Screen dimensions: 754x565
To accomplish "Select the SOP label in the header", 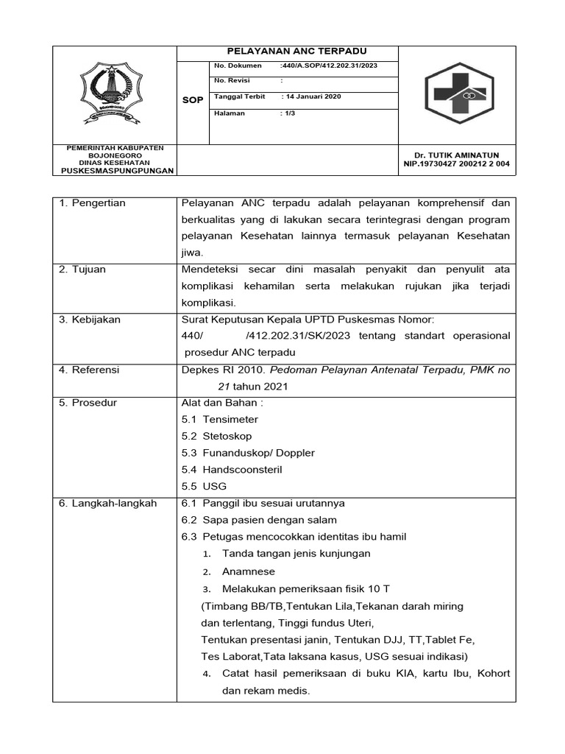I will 193,99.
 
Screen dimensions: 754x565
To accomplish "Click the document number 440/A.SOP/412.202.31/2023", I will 329,66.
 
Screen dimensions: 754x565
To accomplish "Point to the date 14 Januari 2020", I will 311,97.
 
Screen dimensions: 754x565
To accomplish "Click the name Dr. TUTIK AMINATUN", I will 456,155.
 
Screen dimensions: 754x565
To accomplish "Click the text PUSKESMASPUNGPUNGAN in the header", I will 118,170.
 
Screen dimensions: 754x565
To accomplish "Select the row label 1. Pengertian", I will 92,203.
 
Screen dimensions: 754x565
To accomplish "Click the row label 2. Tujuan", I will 82,269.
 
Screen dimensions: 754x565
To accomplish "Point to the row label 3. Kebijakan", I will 89,320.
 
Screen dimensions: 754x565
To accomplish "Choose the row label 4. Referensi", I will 89,370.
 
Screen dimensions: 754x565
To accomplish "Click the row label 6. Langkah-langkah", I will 107,503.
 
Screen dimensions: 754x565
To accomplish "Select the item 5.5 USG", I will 204,486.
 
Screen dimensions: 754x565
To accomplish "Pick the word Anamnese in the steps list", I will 249,571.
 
